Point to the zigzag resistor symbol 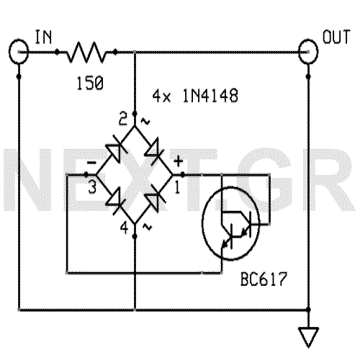click(x=87, y=52)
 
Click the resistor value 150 click(x=89, y=84)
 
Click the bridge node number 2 click(x=123, y=116)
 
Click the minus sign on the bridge click(x=92, y=164)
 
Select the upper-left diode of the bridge click(x=114, y=150)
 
